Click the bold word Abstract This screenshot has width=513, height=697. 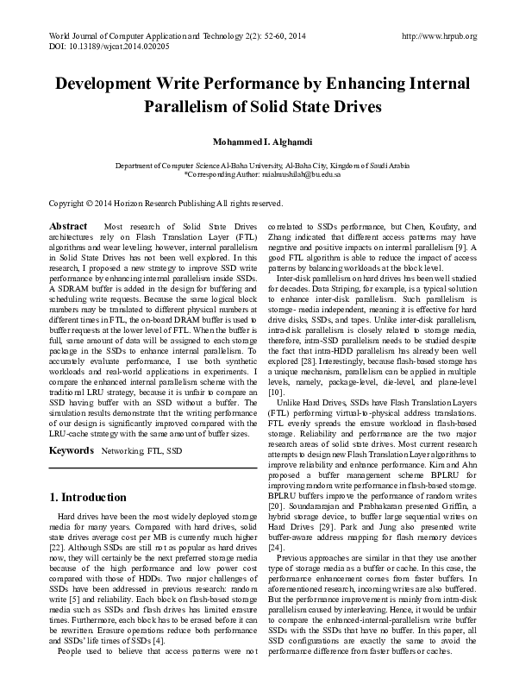point(69,225)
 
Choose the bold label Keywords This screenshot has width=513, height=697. point(71,451)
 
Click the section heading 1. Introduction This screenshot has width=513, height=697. point(88,498)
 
